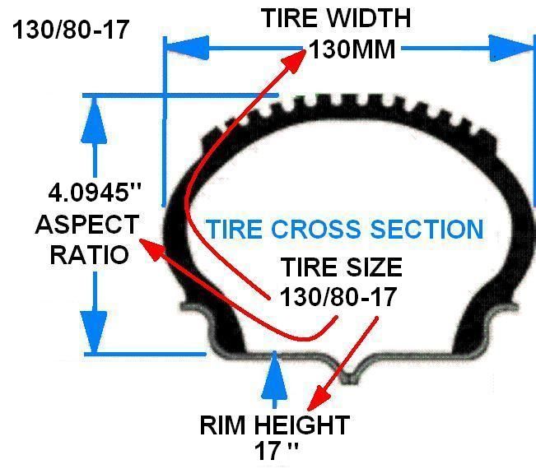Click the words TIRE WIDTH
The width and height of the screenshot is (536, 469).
(x=335, y=18)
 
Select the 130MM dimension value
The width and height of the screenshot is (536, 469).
(x=352, y=49)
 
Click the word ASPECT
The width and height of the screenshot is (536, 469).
(x=86, y=225)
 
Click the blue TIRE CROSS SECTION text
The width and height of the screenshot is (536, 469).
(x=344, y=229)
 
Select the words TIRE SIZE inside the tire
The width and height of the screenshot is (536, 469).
(x=341, y=267)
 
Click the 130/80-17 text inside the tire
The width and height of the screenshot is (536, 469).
(x=338, y=295)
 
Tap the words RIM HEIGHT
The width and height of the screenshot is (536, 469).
(x=274, y=425)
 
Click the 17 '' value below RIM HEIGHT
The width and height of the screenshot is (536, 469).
(x=276, y=452)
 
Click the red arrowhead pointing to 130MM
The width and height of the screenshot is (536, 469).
(x=295, y=61)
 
